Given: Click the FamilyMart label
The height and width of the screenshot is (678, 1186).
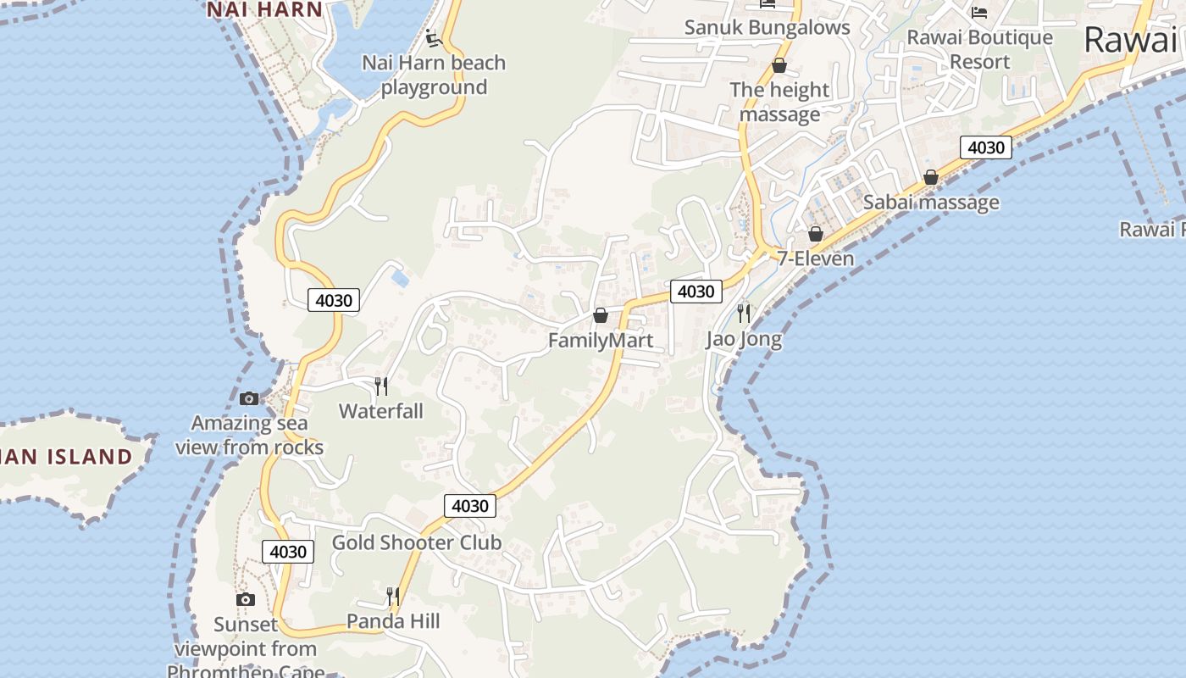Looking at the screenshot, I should tap(600, 341).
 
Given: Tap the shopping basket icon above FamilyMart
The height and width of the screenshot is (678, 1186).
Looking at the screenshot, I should tap(601, 316).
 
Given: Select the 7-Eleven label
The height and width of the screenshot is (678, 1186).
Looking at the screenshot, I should tap(816, 258).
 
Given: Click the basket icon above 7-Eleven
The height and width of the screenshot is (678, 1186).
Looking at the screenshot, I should tap(816, 234).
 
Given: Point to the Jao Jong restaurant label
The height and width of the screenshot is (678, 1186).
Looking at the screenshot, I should tap(744, 340).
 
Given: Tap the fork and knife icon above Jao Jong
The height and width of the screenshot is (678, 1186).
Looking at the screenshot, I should tap(744, 314).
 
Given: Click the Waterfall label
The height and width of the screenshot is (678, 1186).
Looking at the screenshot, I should tap(381, 411).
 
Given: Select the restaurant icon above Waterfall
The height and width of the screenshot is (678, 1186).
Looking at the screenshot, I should tap(381, 386).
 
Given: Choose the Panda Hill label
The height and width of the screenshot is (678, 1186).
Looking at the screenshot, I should tap(393, 621).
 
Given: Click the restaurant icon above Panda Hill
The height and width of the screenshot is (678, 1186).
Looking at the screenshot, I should tap(393, 597).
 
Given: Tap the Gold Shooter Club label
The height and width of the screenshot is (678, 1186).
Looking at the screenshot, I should tap(417, 542).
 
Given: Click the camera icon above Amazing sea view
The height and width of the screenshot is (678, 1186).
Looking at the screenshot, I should tap(249, 398).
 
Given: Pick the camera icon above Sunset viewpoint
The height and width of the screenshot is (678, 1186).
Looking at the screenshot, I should tap(246, 600).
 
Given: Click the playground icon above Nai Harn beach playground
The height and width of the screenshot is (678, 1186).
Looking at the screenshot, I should tap(433, 38).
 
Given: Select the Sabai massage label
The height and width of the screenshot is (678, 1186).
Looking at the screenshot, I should tap(931, 203).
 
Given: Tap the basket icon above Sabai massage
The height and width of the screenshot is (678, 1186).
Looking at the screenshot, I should tap(931, 178).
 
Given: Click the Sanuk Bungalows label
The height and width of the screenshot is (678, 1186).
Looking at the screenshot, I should tap(767, 27).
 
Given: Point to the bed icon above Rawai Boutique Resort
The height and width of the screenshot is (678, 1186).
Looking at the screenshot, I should tap(979, 13).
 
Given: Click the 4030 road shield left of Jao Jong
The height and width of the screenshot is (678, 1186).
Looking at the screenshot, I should tap(696, 292).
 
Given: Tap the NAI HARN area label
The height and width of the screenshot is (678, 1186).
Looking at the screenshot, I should tap(264, 10).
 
